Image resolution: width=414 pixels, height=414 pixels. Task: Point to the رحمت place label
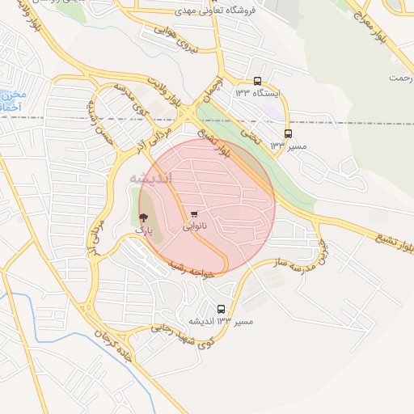(399, 78)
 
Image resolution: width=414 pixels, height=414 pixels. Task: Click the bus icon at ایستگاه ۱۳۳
(257, 81)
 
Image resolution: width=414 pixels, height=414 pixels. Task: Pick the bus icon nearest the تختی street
(288, 133)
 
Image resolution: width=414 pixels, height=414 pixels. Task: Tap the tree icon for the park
(143, 218)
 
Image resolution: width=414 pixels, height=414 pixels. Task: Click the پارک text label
(143, 230)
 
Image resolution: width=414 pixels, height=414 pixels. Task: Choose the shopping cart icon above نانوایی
(194, 214)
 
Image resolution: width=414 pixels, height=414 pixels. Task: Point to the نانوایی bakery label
(193, 227)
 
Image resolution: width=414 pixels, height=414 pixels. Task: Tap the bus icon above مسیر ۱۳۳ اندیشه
(222, 309)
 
